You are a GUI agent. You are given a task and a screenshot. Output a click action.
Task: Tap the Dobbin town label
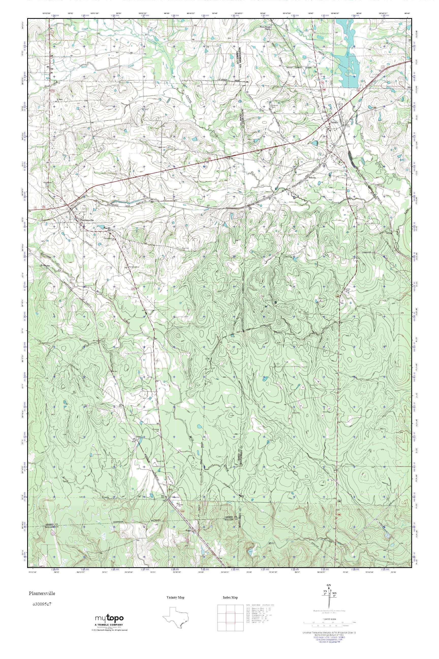(x=334, y=122)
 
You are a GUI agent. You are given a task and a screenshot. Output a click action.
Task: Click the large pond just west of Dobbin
(x=315, y=143)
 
